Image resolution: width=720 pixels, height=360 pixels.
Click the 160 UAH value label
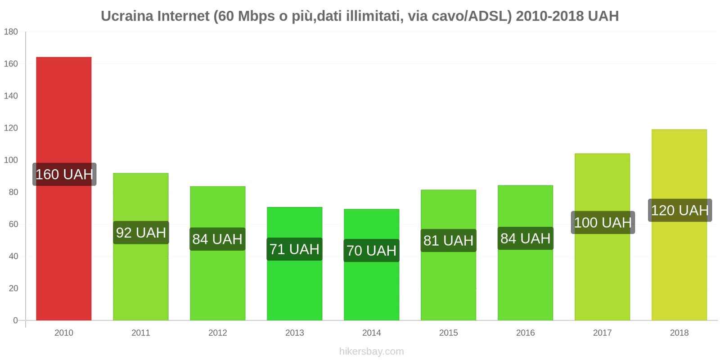pos(64,174)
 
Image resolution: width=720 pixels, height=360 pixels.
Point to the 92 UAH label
pos(141,233)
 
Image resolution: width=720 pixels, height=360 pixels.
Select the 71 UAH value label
pos(294,249)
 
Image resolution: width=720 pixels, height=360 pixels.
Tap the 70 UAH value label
pos(371,250)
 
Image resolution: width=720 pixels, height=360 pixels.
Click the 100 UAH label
pos(603,222)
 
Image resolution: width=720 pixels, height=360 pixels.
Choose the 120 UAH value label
pos(679,210)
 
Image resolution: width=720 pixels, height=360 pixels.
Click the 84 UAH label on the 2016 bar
pos(525,238)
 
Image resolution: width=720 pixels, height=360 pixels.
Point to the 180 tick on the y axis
pos(11,31)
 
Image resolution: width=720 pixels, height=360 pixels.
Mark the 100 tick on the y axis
pos(11,160)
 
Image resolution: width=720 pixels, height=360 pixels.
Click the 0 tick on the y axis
pos(15,320)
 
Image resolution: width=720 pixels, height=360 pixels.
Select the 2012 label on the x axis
pos(217,333)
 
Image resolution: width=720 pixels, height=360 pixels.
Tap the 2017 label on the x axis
pos(602,333)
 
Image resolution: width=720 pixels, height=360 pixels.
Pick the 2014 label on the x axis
pos(371,333)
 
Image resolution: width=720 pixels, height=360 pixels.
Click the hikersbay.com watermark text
pos(371,351)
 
